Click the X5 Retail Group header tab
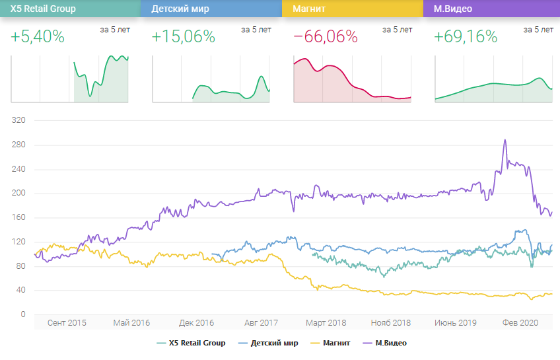click(x=70, y=9)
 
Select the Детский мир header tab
click(x=211, y=9)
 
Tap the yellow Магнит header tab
click(x=352, y=9)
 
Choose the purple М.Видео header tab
click(x=492, y=9)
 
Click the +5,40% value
click(x=38, y=37)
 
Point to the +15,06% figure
click(x=184, y=37)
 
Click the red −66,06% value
click(x=326, y=37)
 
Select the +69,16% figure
click(x=466, y=37)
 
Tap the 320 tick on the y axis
click(x=18, y=121)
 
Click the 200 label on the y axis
click(x=18, y=194)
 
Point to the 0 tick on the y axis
click(x=22, y=314)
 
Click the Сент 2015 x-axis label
click(x=67, y=323)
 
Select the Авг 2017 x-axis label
click(x=261, y=323)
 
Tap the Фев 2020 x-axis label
click(x=520, y=323)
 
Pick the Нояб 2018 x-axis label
click(x=391, y=323)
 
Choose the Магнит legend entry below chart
click(x=336, y=343)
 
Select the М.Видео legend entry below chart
click(x=390, y=343)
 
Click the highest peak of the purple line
click(x=505, y=140)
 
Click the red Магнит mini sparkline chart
click(x=352, y=79)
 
